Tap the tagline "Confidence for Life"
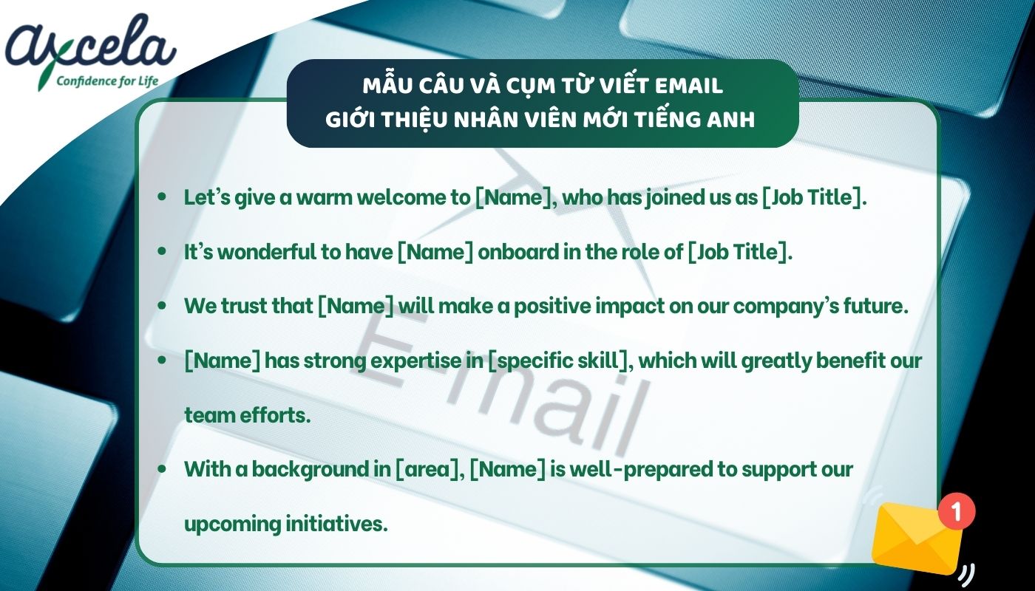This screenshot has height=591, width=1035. (x=108, y=81)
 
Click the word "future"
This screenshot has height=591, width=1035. (x=876, y=307)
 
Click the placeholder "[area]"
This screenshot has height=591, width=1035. (x=427, y=469)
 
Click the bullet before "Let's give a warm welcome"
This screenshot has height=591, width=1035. (x=162, y=199)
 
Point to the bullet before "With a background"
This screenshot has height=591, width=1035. (x=162, y=469)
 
